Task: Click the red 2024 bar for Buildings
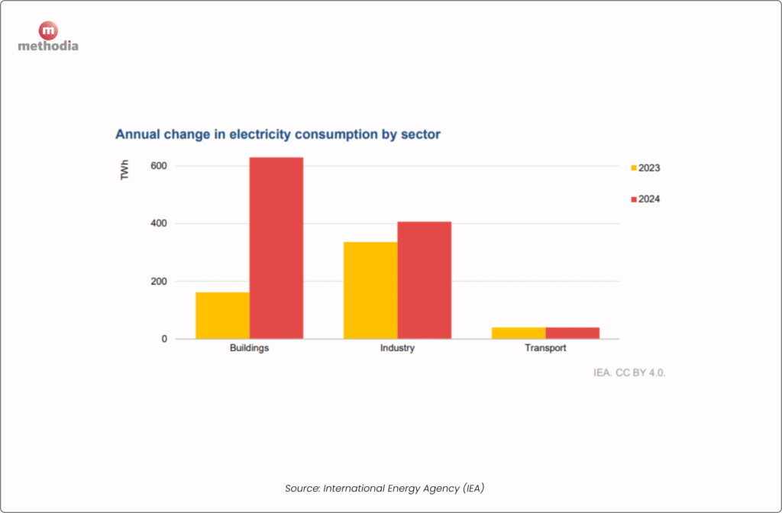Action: point(276,248)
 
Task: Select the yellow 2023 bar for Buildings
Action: point(222,315)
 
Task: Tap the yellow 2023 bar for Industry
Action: point(370,290)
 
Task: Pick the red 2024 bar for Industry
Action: point(425,280)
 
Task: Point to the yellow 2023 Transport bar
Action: point(519,333)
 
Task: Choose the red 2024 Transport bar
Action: point(573,333)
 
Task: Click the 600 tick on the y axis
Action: point(158,166)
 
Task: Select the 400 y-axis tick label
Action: point(158,224)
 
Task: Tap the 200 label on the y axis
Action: point(158,282)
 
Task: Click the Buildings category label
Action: point(249,349)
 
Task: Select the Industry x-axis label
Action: point(397,349)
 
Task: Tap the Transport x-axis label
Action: point(545,349)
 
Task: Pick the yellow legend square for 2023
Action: point(633,168)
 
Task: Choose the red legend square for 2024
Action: point(633,199)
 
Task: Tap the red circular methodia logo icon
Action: point(48,31)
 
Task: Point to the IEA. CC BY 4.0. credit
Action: point(630,373)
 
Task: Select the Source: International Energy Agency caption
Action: point(385,488)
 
